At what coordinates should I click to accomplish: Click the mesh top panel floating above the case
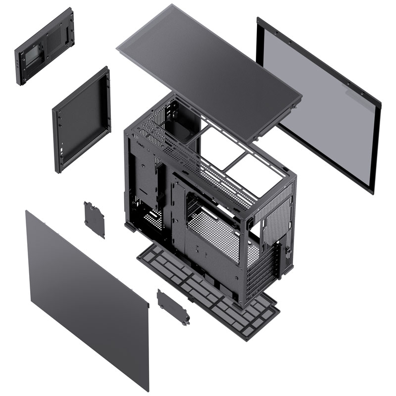(x=208, y=69)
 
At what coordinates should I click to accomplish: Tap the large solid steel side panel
(x=84, y=292)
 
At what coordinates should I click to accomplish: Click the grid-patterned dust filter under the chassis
(x=208, y=292)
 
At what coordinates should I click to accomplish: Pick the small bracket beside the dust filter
(x=173, y=307)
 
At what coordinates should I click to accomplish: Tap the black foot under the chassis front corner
(x=130, y=228)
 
